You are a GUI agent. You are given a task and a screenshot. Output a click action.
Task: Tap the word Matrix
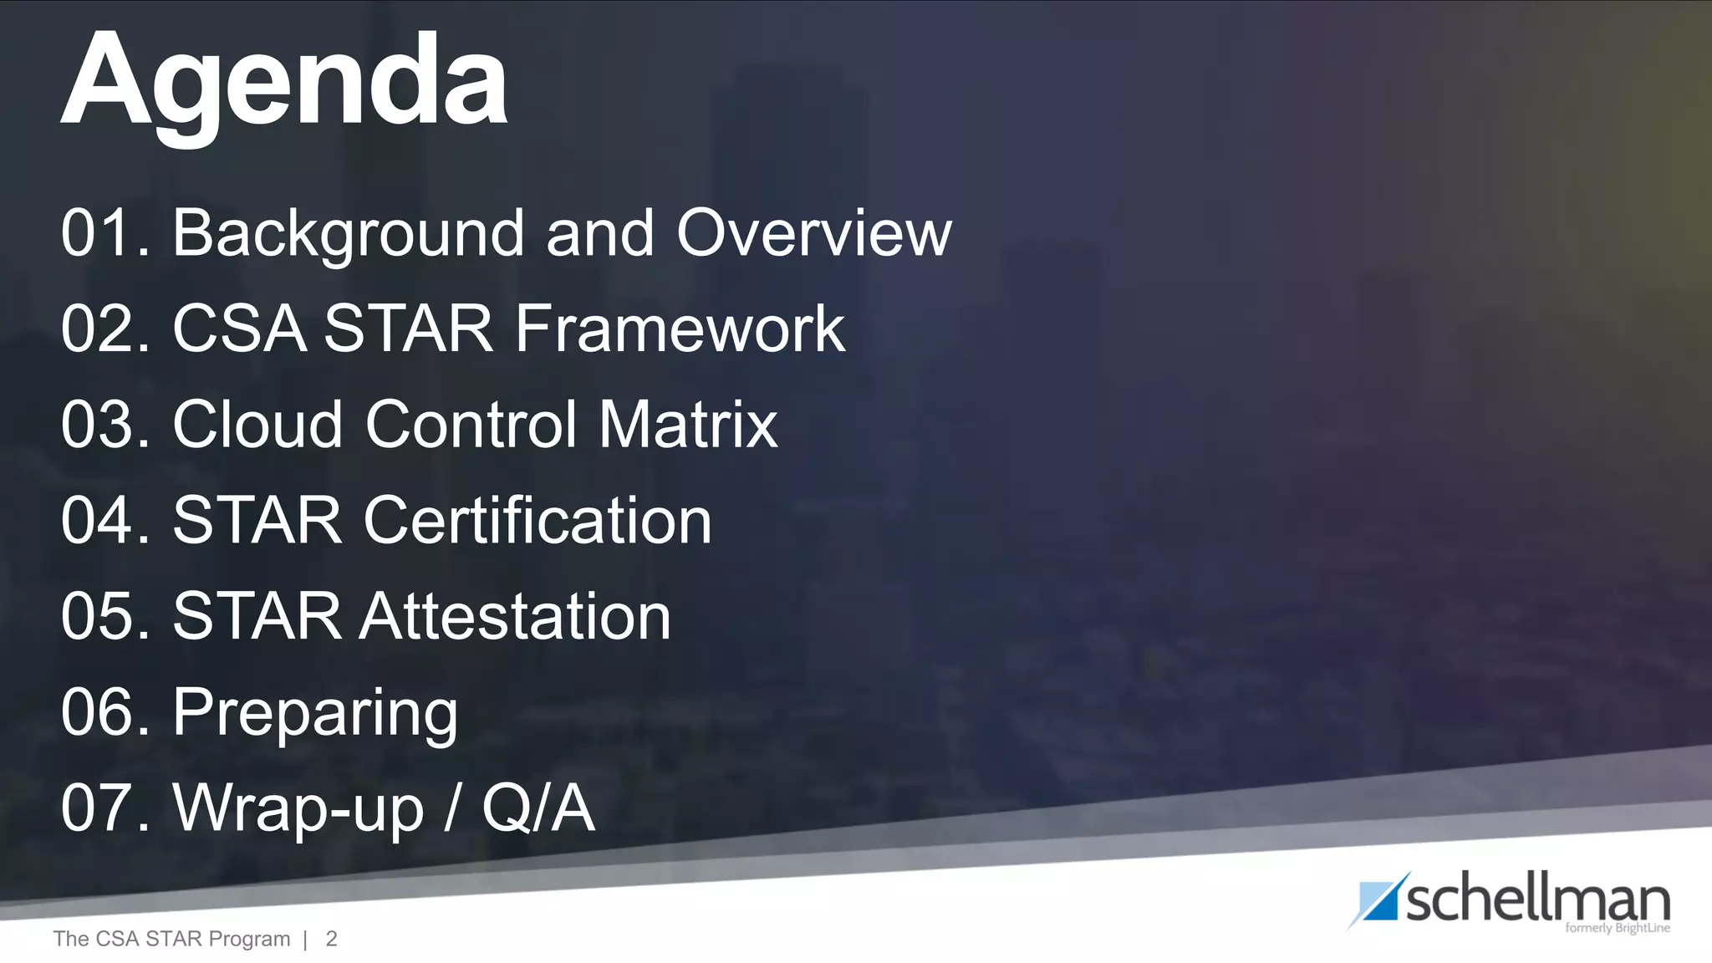coord(687,424)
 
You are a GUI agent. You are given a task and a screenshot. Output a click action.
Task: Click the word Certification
coord(537,520)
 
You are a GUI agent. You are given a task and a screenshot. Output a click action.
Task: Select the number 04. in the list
coord(105,520)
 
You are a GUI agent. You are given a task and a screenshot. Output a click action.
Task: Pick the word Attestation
coord(515,616)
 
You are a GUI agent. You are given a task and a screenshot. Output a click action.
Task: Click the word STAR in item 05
coord(257,616)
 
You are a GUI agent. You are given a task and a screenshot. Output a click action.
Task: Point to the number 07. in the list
coord(105,808)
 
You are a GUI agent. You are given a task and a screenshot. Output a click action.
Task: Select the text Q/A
coord(538,808)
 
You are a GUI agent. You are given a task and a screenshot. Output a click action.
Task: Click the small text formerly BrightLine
coord(1617,929)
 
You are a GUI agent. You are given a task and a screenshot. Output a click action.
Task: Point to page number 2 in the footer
coord(331,939)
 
